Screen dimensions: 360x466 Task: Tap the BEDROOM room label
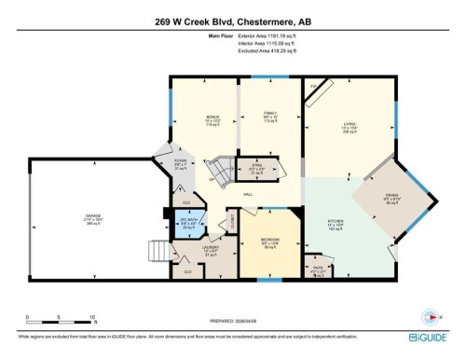tap(271, 241)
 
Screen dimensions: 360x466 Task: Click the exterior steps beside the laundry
tap(161, 253)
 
